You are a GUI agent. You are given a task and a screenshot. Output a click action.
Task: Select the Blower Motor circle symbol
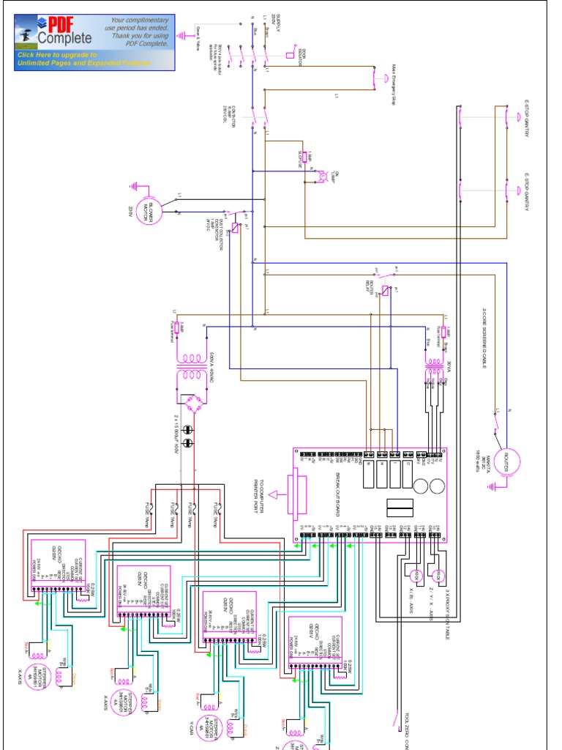pyautogui.click(x=153, y=210)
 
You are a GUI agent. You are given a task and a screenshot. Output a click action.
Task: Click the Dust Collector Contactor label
pyautogui.click(x=213, y=234)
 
